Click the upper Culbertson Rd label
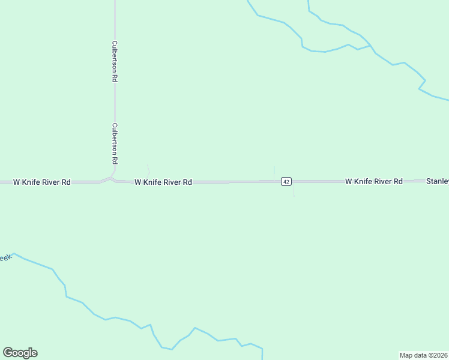114,61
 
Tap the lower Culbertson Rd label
114,144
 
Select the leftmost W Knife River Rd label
42,182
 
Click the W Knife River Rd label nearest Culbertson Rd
163,182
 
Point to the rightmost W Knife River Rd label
373,181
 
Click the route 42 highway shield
286,181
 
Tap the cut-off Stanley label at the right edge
437,181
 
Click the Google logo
20,353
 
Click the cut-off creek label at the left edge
5,258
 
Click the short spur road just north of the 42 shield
274,172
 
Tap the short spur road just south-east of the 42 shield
294,191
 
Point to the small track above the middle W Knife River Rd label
148,170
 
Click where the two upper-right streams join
370,46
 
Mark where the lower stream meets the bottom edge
262,358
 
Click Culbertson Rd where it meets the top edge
115,2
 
